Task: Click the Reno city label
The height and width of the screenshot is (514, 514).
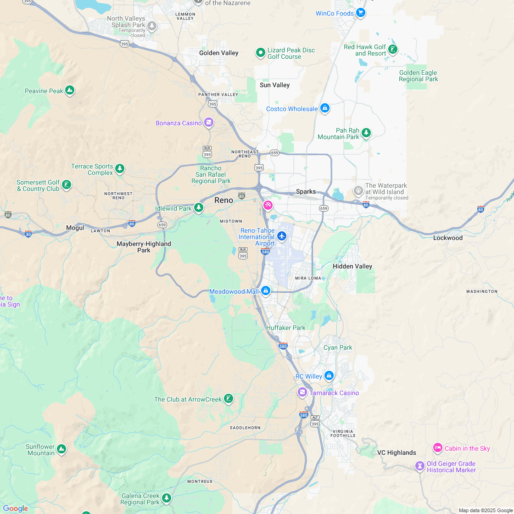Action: [223, 200]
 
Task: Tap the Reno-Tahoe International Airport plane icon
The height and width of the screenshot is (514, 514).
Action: [282, 236]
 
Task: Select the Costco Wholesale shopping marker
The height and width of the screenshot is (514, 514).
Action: [325, 108]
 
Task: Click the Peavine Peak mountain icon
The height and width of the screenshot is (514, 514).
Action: [70, 90]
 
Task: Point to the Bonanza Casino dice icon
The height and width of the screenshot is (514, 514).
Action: [209, 123]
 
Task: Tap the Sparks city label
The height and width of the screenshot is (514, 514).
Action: [306, 192]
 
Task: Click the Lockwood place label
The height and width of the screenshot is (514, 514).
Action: [448, 238]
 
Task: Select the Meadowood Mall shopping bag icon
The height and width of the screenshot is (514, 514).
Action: [265, 291]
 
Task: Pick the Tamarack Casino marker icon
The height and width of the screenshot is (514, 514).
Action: [302, 392]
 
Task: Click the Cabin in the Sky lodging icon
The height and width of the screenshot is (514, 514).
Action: [437, 448]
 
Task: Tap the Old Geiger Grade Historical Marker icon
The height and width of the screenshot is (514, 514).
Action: [419, 466]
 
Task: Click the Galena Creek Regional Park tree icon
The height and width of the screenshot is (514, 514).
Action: [167, 498]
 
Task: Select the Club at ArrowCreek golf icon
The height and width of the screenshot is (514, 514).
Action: [229, 399]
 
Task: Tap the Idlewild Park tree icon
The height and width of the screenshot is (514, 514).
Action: [199, 208]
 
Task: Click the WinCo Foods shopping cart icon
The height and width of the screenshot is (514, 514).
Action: [361, 13]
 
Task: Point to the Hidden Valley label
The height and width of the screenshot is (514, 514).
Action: [352, 266]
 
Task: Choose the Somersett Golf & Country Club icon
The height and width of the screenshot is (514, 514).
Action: [67, 185]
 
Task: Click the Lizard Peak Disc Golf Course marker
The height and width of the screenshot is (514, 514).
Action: [261, 53]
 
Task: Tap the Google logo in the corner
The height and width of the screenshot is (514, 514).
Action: [15, 508]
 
